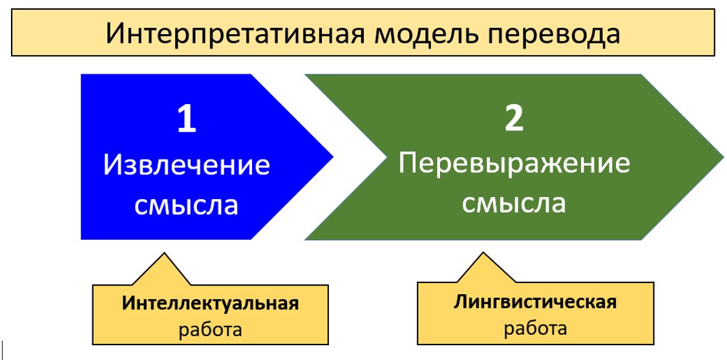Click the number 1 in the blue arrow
186,120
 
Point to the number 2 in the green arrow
514,119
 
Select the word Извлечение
186,165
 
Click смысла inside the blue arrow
186,205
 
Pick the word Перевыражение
514,165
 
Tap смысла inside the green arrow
514,203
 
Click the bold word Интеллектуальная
211,303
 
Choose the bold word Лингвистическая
536,302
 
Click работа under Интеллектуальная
211,330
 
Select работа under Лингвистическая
536,328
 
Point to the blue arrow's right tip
333,157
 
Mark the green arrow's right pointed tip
723,157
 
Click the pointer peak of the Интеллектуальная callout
163,253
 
